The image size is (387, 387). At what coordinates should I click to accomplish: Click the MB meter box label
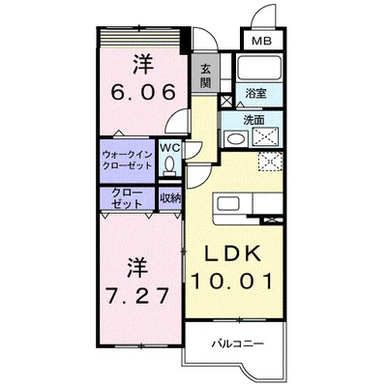261,41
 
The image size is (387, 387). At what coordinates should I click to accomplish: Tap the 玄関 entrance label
205,75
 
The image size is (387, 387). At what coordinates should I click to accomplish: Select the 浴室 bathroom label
255,94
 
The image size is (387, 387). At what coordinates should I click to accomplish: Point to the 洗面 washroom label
253,120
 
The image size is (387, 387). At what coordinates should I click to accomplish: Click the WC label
170,148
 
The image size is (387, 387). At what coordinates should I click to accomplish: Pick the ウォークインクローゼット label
127,160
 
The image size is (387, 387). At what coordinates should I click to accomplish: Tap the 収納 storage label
170,198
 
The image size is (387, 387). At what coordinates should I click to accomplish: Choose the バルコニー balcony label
238,343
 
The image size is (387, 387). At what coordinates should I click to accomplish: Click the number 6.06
144,92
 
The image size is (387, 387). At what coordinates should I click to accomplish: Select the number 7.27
137,295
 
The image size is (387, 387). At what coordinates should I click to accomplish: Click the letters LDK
233,253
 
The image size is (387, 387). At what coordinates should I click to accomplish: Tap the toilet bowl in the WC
169,164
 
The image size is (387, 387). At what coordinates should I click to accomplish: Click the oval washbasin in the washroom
235,138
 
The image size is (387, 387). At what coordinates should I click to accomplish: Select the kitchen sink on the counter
228,204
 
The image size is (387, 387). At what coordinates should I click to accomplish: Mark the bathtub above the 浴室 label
259,67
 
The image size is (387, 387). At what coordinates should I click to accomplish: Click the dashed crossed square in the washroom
265,136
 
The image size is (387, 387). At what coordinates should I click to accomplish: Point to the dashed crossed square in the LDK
270,162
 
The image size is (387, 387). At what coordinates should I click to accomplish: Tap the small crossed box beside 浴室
226,101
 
